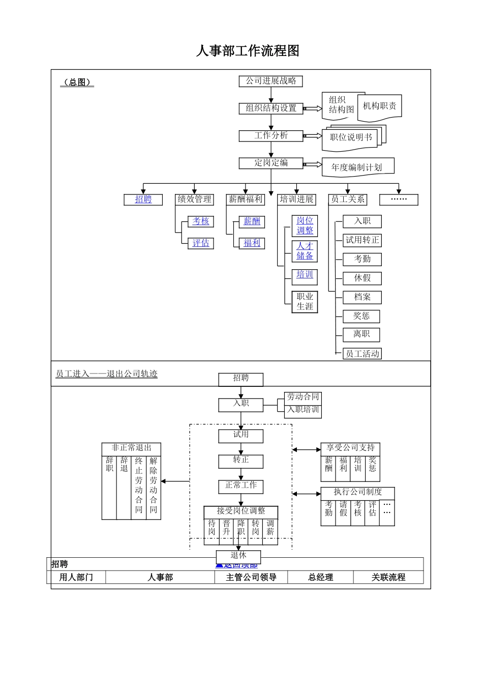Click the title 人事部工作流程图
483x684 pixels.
(248, 51)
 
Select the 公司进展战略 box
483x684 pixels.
(271, 81)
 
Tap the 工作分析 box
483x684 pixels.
(271, 135)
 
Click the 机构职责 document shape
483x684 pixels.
(380, 106)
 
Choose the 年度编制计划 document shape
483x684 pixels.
(357, 167)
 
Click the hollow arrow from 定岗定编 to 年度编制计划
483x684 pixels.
(313, 164)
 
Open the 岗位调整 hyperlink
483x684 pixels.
(305, 225)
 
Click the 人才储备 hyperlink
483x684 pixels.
(305, 251)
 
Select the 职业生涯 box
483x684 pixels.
(305, 302)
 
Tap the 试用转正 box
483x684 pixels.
(363, 240)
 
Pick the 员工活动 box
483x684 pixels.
(363, 354)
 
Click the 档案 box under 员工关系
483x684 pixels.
(363, 297)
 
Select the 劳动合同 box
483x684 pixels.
(303, 397)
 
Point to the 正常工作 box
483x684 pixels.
(241, 486)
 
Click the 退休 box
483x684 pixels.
(238, 556)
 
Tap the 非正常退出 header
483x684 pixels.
(131, 448)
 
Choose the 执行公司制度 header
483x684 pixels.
(357, 492)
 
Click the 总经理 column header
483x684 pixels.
(320, 577)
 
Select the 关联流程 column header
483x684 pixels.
(388, 577)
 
